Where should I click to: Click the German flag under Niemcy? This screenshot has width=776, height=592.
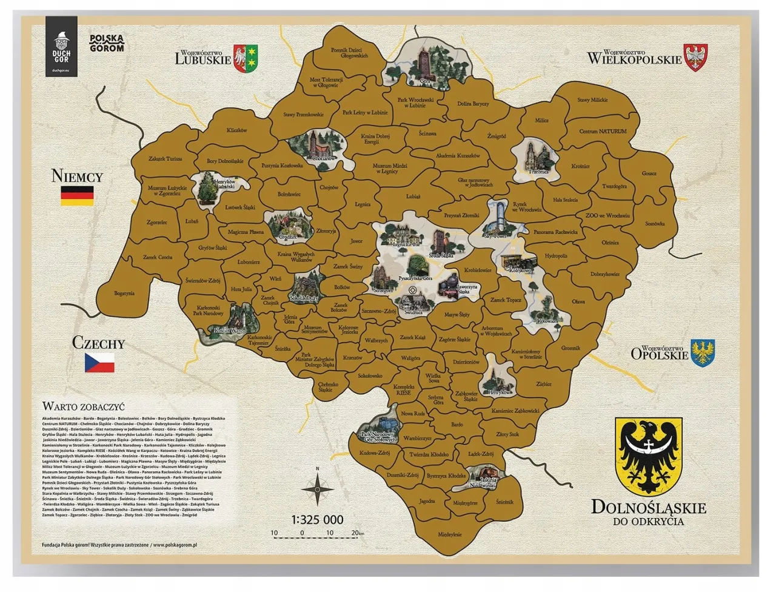[77, 195]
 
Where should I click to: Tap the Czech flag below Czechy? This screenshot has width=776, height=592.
[99, 362]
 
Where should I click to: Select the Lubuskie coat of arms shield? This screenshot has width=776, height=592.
[247, 57]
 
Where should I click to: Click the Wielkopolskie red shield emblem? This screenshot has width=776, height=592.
[695, 56]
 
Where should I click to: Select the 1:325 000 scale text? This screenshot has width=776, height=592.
[317, 520]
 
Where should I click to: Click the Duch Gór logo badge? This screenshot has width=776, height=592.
[61, 44]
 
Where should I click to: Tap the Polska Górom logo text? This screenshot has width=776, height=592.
[107, 42]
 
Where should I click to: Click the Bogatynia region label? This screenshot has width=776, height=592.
[124, 293]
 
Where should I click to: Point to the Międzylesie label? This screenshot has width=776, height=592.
[449, 534]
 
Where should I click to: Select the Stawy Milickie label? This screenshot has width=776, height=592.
[592, 100]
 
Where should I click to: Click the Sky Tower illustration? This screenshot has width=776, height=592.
[498, 218]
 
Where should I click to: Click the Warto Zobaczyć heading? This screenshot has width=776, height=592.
[83, 406]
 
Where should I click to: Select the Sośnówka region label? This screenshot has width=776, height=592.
[655, 224]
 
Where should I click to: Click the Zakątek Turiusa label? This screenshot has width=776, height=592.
[165, 159]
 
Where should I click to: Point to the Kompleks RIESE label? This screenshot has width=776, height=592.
[403, 389]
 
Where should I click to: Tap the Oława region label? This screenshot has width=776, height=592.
[578, 301]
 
